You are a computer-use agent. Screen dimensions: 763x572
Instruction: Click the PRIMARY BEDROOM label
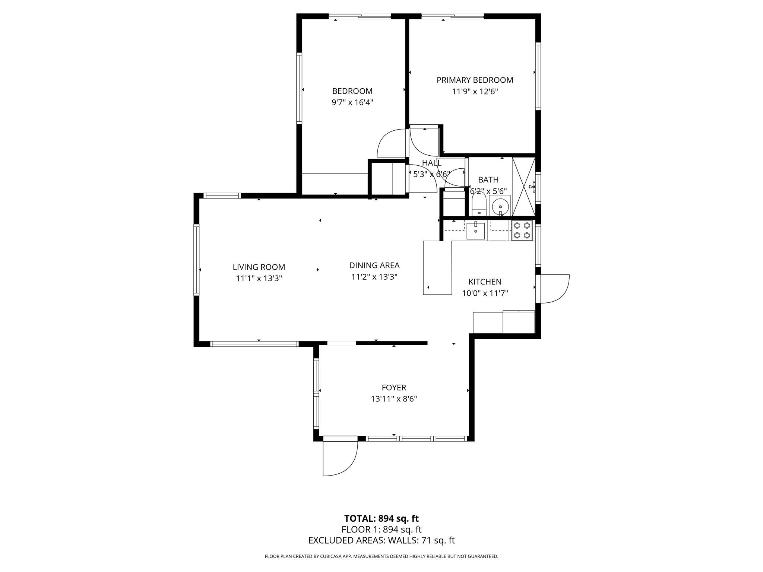pos(475,80)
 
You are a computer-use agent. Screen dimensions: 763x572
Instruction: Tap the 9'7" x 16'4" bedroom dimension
pos(352,102)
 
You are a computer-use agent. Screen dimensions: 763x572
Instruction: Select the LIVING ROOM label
pos(259,267)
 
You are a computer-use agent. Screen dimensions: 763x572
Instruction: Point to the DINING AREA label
pos(374,266)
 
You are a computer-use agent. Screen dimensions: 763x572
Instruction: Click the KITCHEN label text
pos(485,282)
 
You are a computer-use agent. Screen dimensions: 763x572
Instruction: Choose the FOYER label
pos(394,388)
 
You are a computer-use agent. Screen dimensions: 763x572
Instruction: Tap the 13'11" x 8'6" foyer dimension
pos(394,399)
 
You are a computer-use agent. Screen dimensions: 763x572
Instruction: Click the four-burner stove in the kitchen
pos(522,231)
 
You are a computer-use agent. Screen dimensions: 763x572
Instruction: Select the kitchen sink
pos(476,231)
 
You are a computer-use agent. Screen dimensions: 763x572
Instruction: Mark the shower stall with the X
pos(524,187)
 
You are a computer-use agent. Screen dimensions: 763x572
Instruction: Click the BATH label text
pos(488,180)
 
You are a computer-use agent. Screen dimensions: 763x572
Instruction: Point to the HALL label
pos(432,163)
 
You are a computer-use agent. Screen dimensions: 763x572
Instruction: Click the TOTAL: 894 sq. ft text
pos(381,518)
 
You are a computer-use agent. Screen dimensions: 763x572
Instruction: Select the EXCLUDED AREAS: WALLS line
pos(381,540)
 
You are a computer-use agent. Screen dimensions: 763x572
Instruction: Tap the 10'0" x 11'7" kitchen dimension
pos(485,293)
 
